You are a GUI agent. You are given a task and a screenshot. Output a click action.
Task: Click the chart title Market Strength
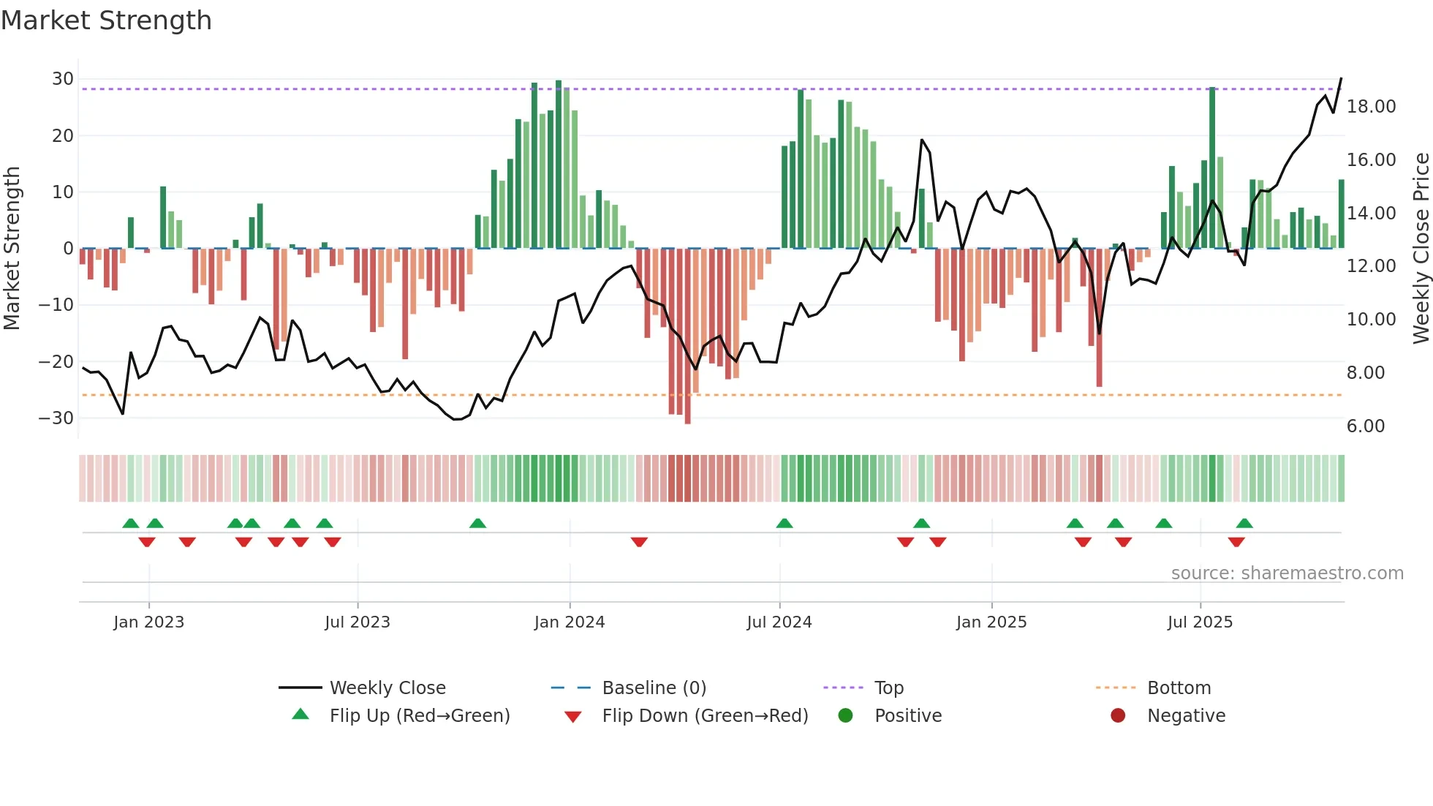[x=106, y=20]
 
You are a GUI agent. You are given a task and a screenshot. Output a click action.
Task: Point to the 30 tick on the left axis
[x=63, y=79]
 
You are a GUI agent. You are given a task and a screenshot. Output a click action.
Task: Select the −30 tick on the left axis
[x=56, y=418]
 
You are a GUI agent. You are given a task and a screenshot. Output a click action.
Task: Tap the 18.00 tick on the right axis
[x=1371, y=107]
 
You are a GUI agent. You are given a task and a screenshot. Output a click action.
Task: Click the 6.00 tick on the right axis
[x=1365, y=426]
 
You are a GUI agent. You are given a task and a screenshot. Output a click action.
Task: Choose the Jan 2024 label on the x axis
[x=569, y=622]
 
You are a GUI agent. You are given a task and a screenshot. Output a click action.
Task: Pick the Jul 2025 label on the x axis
[x=1199, y=622]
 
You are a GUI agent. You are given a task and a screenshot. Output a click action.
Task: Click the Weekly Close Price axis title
[x=1421, y=248]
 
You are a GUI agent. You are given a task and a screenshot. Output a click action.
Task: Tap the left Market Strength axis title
[x=12, y=248]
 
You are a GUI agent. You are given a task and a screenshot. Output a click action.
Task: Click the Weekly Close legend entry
[x=387, y=688]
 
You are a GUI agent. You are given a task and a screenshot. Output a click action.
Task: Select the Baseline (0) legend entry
[x=654, y=688]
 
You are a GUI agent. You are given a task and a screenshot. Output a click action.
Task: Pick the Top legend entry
[x=888, y=688]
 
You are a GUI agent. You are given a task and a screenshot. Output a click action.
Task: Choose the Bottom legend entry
[x=1179, y=688]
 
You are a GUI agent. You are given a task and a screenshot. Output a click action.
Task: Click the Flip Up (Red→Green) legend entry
[x=419, y=716]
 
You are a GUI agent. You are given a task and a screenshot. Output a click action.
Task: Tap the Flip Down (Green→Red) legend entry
[x=704, y=716]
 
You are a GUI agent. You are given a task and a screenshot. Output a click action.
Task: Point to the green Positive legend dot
[x=845, y=716]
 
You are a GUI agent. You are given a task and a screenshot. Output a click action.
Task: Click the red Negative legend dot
[x=1117, y=716]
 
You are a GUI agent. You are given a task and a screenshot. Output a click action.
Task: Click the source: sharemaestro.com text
[x=1287, y=573]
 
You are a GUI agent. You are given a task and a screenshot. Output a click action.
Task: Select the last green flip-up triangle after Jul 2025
[x=1244, y=524]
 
